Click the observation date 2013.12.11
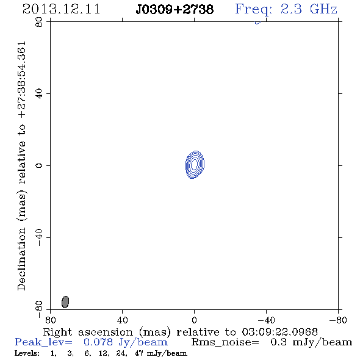(x=61, y=9)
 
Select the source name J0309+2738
(x=175, y=9)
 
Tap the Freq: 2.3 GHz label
(x=286, y=9)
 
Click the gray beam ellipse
(x=65, y=302)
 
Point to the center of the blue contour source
(x=195, y=164)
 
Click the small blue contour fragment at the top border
(x=258, y=23)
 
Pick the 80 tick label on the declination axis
(x=39, y=22)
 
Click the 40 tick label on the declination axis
(x=39, y=94)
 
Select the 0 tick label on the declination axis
(x=39, y=165)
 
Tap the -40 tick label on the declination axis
(x=39, y=237)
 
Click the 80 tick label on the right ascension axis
(x=50, y=320)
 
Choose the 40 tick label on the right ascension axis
(x=123, y=320)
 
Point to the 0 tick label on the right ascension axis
(x=194, y=320)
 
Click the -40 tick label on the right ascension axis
(x=266, y=320)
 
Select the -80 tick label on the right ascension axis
(x=338, y=320)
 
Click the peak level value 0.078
(x=98, y=342)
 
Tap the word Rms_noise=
(x=225, y=342)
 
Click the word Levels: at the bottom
(x=27, y=353)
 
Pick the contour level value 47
(x=139, y=353)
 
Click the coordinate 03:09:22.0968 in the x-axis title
(x=279, y=332)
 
